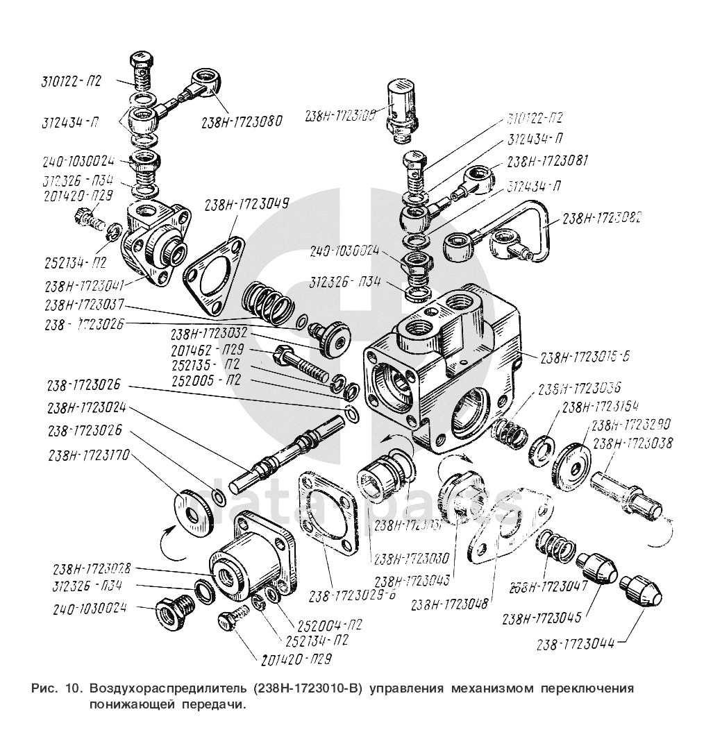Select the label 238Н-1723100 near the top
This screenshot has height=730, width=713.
[x=339, y=116]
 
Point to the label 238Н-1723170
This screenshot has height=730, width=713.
[x=88, y=456]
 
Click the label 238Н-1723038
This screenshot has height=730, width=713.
[x=633, y=445]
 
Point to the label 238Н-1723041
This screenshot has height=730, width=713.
[x=86, y=285]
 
